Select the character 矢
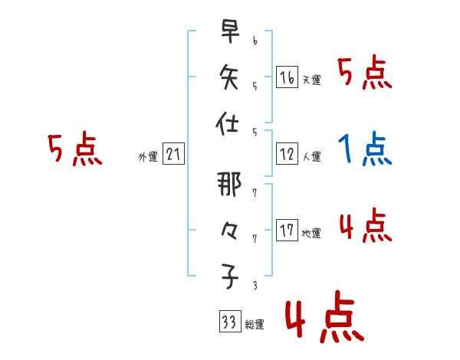click(x=228, y=77)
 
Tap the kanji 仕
click(x=228, y=123)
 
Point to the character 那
click(x=228, y=187)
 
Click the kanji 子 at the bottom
click(x=228, y=277)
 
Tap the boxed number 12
click(x=286, y=155)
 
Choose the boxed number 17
click(x=286, y=231)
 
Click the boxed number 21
click(x=172, y=155)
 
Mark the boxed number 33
click(x=228, y=322)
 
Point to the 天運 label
click(x=311, y=80)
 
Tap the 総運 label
click(x=254, y=325)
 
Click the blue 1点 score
click(x=365, y=149)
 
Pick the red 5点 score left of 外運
click(x=74, y=149)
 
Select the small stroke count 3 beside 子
click(x=255, y=286)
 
